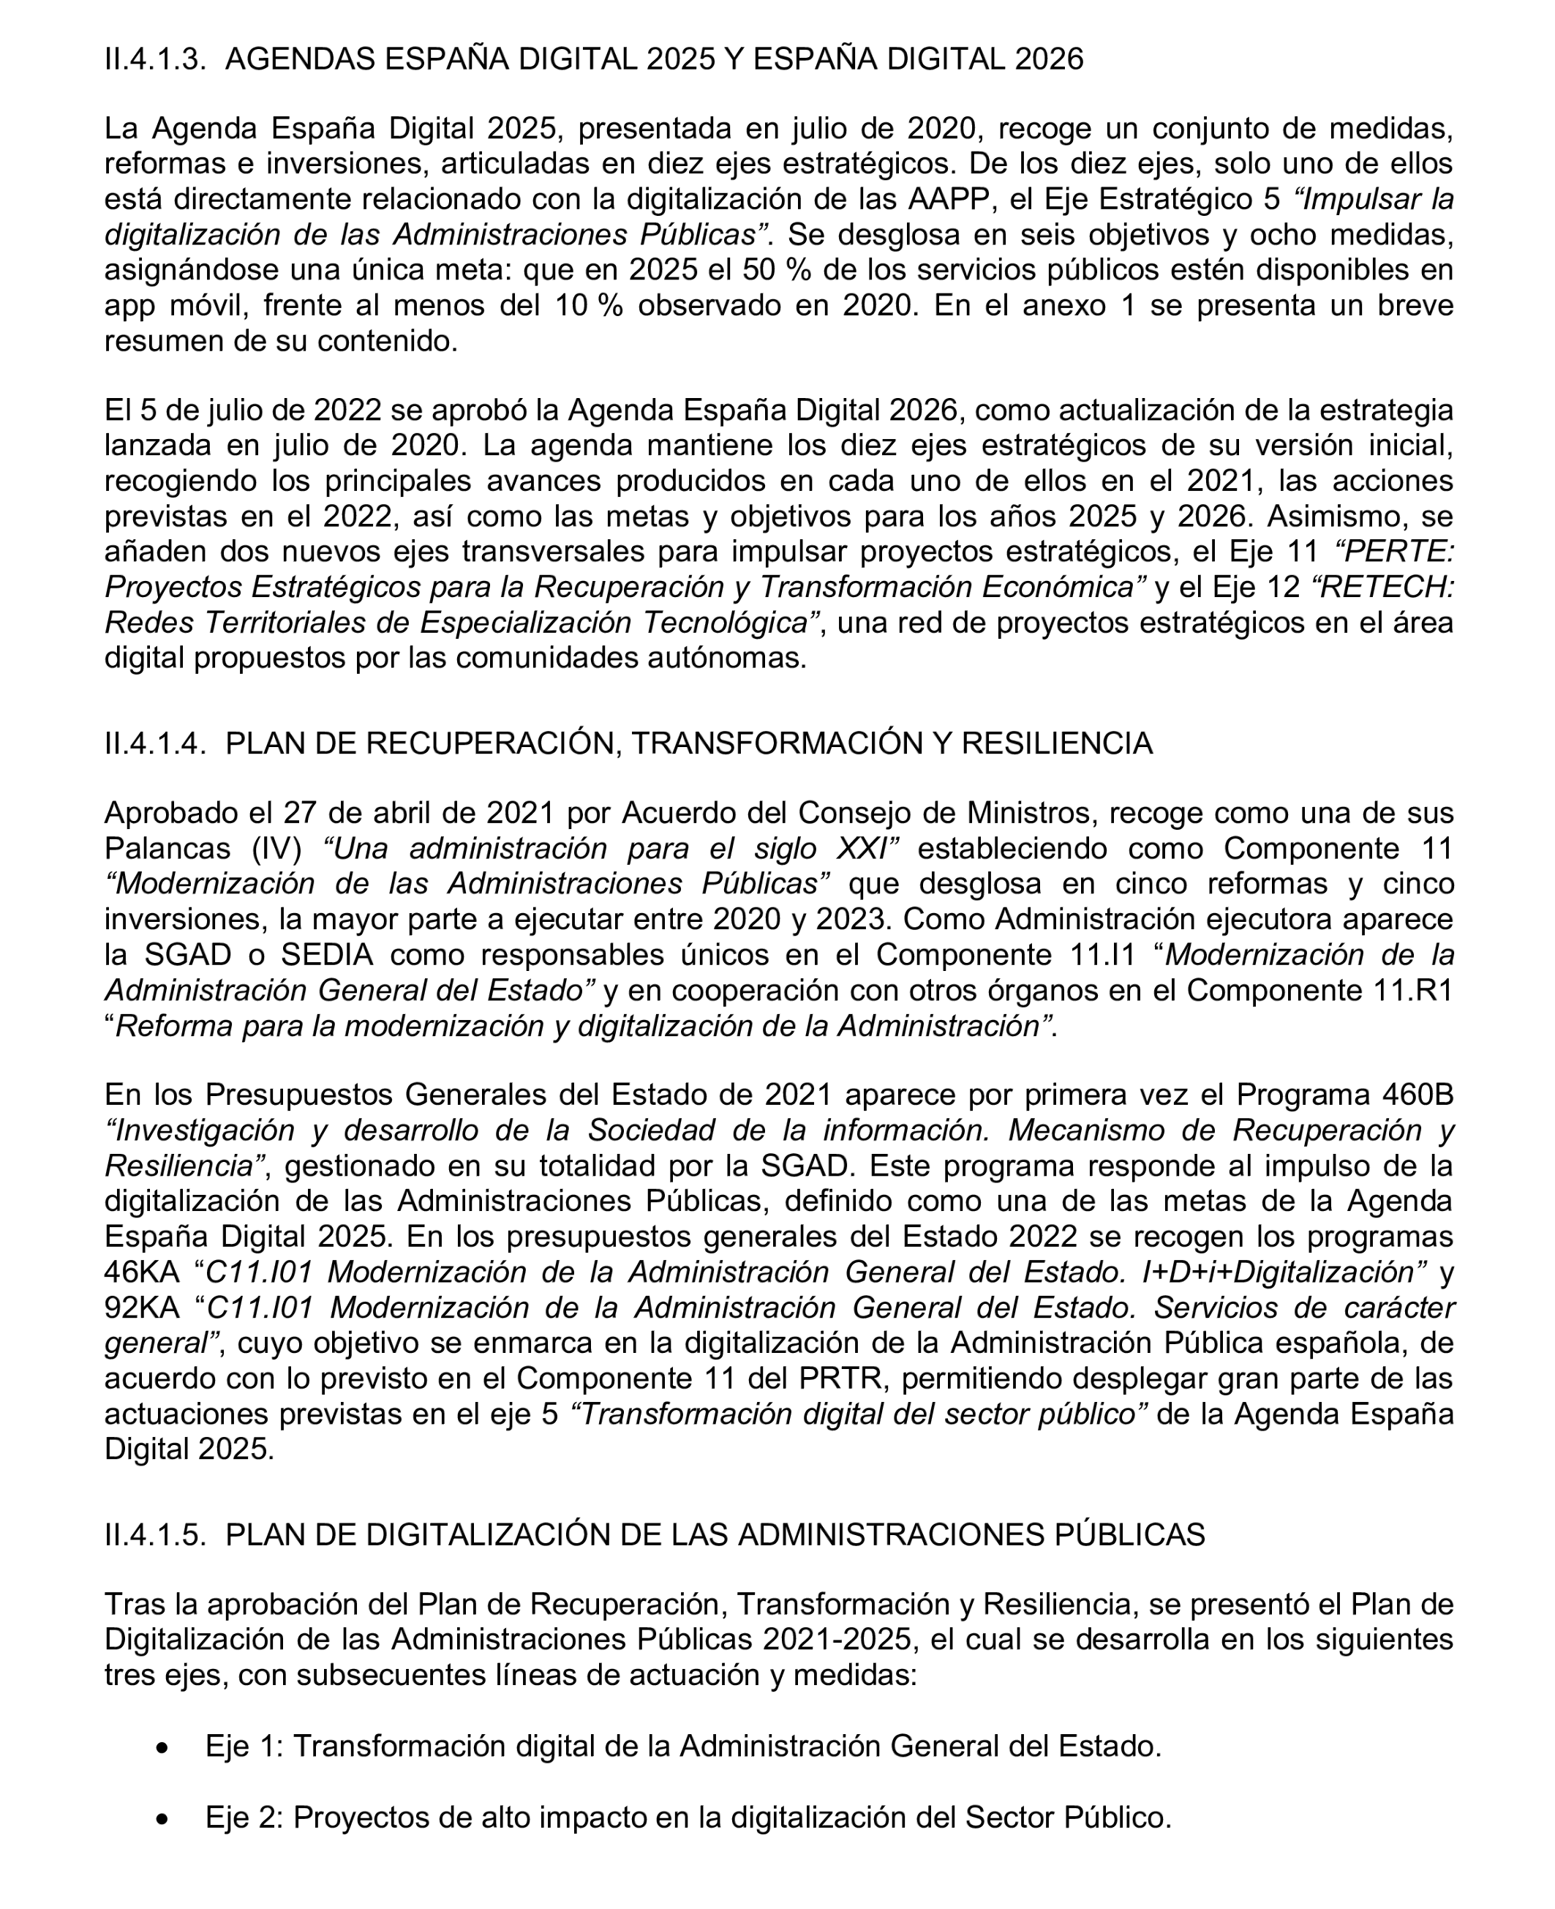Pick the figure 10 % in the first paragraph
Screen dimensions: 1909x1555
(589, 305)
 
